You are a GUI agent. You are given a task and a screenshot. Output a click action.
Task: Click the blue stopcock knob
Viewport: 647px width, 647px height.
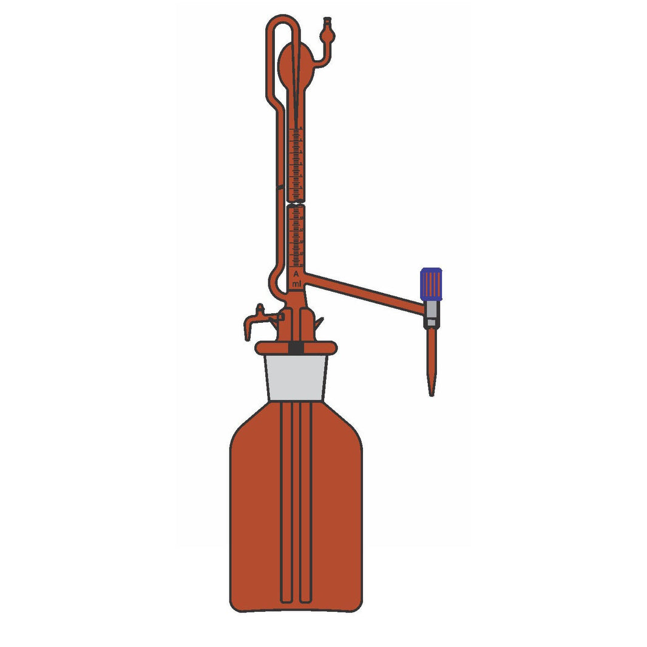[x=431, y=284]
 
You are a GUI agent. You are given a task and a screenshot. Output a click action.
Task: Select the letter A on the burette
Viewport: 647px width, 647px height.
[x=296, y=274]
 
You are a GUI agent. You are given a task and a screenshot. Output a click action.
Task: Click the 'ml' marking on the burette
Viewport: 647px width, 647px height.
[x=296, y=284]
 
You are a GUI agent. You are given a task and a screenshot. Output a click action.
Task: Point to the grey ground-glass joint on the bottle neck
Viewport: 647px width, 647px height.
[x=296, y=377]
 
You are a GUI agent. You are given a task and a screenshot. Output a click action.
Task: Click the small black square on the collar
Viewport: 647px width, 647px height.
[x=296, y=348]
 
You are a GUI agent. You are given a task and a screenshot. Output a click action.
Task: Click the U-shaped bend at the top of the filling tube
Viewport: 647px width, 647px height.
[x=283, y=22]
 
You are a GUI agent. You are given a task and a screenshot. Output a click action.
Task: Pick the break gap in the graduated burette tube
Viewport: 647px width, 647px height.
[x=296, y=203]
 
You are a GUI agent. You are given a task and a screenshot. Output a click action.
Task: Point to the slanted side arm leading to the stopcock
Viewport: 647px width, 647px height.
[x=364, y=291]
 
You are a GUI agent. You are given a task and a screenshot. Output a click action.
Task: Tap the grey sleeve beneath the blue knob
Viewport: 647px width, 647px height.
[x=431, y=310]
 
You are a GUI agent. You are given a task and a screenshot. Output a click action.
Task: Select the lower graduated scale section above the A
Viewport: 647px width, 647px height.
[x=296, y=237]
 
